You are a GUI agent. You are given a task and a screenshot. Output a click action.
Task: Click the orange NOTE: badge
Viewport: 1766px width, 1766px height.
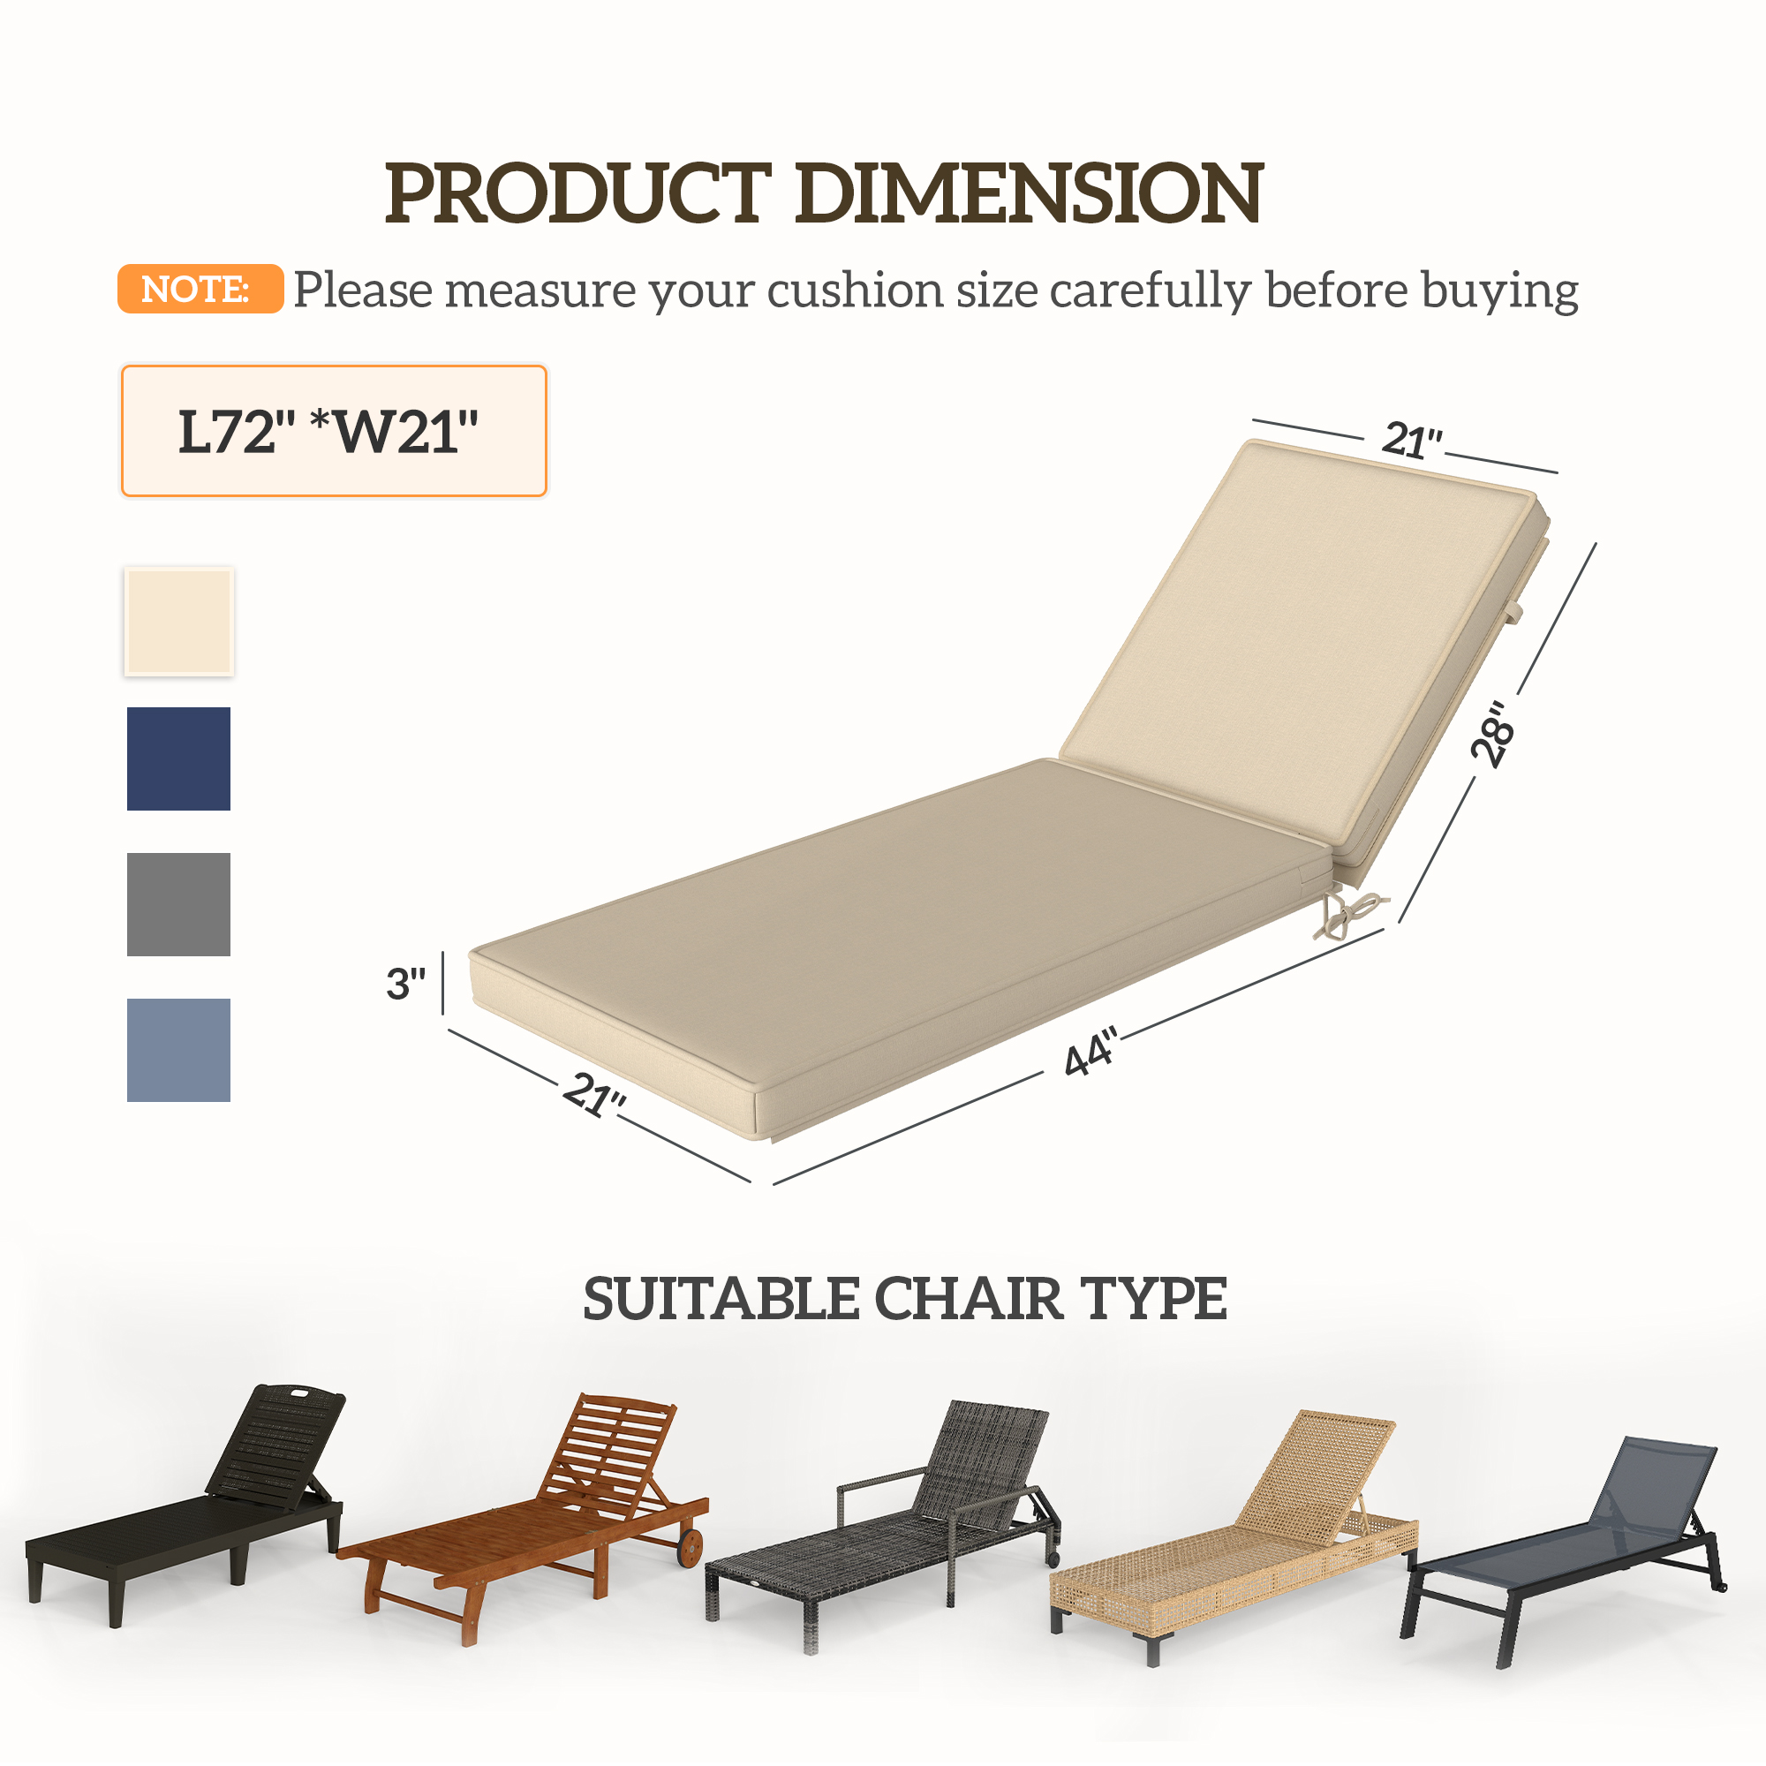point(200,289)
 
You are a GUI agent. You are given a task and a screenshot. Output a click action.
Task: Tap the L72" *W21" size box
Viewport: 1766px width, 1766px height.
point(334,431)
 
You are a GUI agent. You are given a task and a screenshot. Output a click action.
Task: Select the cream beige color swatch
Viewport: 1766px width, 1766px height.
point(179,622)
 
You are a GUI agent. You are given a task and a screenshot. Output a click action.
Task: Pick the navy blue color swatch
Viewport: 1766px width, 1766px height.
point(179,758)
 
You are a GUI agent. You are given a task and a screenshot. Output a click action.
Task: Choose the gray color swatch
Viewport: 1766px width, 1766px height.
point(179,904)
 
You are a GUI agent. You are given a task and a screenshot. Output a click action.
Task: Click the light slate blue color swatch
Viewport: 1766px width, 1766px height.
point(179,1049)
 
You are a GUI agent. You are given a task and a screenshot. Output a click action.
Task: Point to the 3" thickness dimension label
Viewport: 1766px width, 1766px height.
point(405,984)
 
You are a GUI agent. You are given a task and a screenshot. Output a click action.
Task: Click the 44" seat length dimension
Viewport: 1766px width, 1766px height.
point(1091,1053)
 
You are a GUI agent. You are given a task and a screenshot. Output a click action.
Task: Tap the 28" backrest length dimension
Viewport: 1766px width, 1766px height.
point(1491,734)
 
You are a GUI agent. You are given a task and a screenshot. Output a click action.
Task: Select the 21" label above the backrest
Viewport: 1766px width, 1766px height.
point(1411,441)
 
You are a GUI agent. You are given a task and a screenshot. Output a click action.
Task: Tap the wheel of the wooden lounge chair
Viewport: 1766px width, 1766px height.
point(691,1546)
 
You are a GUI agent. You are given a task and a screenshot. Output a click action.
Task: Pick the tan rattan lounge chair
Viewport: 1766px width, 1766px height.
point(1234,1536)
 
